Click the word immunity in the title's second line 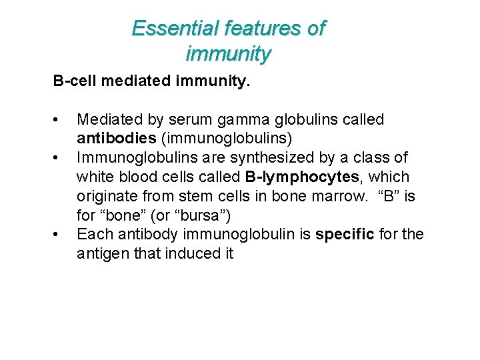(228, 53)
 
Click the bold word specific (345, 235)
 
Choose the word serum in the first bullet (189, 120)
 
